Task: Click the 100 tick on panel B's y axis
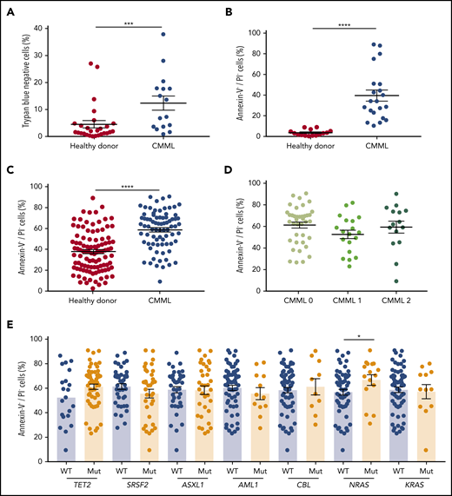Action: coord(256,33)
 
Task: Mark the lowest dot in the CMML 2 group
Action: coord(396,281)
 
